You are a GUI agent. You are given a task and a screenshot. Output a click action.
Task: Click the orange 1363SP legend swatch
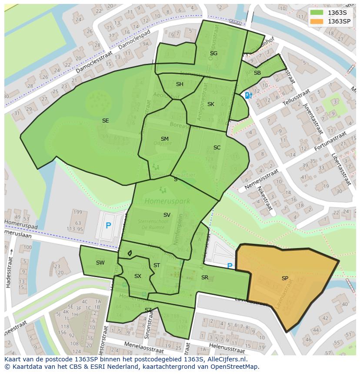pos(317,21)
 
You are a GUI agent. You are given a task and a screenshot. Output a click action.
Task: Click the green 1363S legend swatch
pos(317,12)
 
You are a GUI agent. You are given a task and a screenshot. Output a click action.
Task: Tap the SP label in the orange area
pos(285,278)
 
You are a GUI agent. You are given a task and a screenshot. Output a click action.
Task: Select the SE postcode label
pos(105,121)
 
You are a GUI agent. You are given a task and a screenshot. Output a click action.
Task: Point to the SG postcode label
pos(213,53)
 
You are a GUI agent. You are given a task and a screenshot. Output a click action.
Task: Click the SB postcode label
pos(257,73)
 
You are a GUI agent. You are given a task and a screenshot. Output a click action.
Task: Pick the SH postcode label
pos(180,84)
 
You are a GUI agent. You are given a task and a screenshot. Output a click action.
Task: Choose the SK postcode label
pos(211,104)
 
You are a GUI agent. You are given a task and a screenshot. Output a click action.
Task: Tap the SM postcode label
pos(164,139)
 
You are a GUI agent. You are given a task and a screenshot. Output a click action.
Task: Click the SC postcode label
pos(217,148)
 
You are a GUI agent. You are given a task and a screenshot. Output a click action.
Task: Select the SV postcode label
pos(167,215)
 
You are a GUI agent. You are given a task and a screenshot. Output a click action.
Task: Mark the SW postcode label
pos(100,263)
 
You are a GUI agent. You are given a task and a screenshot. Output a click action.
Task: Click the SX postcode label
pos(138,276)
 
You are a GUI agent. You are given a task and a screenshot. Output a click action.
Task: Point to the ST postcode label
pos(157,265)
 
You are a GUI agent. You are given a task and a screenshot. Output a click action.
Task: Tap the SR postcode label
pos(205,278)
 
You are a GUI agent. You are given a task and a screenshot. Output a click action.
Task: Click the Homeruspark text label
pos(162,201)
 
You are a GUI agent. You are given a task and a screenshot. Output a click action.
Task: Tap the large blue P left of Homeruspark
pos(108,226)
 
